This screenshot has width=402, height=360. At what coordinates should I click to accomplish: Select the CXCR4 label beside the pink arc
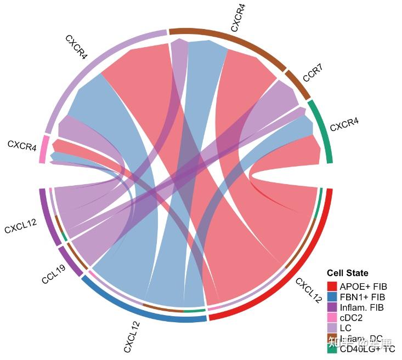click(x=22, y=146)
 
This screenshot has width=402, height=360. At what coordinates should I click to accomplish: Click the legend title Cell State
click(x=347, y=273)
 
